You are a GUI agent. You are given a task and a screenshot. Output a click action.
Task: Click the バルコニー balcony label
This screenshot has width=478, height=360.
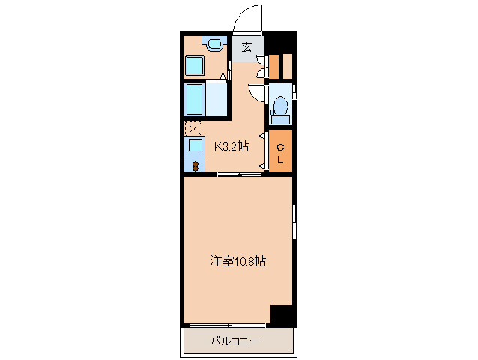pyautogui.click(x=235, y=342)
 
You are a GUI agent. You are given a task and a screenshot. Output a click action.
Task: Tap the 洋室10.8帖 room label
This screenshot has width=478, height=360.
pyautogui.click(x=238, y=262)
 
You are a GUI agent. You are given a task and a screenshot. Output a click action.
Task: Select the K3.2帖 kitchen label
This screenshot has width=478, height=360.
pyautogui.click(x=232, y=147)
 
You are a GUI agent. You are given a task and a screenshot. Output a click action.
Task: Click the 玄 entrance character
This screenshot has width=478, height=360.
pyautogui.click(x=246, y=47)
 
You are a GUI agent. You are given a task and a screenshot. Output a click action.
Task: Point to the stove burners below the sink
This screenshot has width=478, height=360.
pyautogui.click(x=194, y=165)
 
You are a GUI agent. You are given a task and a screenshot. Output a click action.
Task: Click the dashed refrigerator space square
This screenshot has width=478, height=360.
pyautogui.click(x=193, y=128)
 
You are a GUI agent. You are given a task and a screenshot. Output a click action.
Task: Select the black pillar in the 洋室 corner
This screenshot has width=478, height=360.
pyautogui.click(x=282, y=315)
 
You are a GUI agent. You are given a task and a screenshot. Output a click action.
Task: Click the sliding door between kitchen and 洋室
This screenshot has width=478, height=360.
pyautogui.click(x=240, y=175)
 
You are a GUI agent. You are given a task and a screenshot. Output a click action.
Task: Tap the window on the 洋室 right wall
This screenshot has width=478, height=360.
pyautogui.click(x=294, y=223)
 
